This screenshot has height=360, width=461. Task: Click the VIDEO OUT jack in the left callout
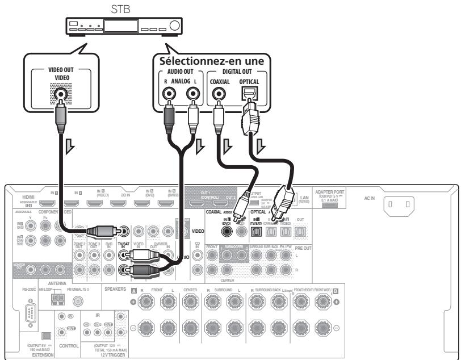click(60, 95)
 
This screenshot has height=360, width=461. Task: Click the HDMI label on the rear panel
click(20, 196)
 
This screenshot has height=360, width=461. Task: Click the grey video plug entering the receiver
click(102, 231)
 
